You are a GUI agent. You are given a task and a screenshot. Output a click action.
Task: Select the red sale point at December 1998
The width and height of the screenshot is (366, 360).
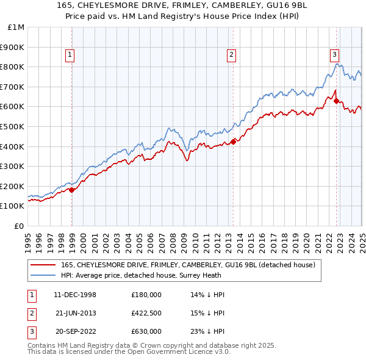tap(72, 190)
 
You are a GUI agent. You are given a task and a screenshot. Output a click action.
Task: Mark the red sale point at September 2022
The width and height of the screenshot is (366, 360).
tap(337, 101)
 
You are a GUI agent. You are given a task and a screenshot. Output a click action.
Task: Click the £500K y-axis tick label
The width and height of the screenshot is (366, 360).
tap(13, 126)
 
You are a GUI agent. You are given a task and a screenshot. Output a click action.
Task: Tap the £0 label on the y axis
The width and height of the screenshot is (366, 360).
tap(20, 226)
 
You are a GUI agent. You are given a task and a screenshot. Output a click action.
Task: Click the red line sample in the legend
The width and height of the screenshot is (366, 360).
tap(43, 265)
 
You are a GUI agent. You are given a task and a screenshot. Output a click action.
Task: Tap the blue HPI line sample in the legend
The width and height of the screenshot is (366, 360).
tap(43, 275)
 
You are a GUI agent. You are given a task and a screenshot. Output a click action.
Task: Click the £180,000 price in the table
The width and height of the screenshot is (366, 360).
tap(146, 295)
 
